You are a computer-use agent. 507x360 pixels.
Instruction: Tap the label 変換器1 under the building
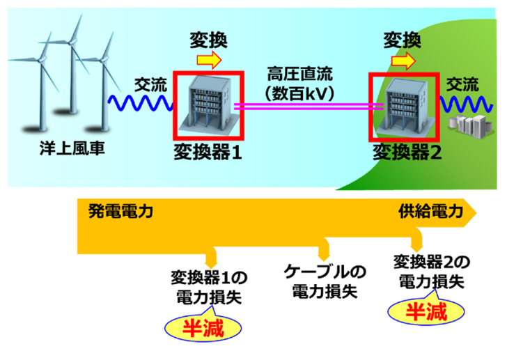208,151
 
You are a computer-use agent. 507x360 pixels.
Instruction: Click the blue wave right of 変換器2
462,105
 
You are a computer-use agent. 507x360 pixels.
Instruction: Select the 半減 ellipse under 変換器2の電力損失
426,310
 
